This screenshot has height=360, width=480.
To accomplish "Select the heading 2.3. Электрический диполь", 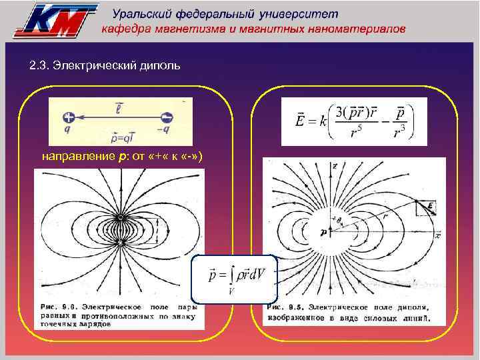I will [105, 67].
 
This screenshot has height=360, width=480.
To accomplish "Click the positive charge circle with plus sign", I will [71, 117].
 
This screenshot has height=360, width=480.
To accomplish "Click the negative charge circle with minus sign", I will [167, 117].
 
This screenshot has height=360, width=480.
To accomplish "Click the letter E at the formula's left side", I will [302, 121].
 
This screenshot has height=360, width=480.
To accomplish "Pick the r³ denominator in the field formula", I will [399, 133].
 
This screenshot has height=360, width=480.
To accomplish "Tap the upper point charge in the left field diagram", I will [120, 217].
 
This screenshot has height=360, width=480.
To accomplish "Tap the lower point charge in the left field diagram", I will [120, 243].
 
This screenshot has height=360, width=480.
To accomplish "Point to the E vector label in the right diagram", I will [431, 207].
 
